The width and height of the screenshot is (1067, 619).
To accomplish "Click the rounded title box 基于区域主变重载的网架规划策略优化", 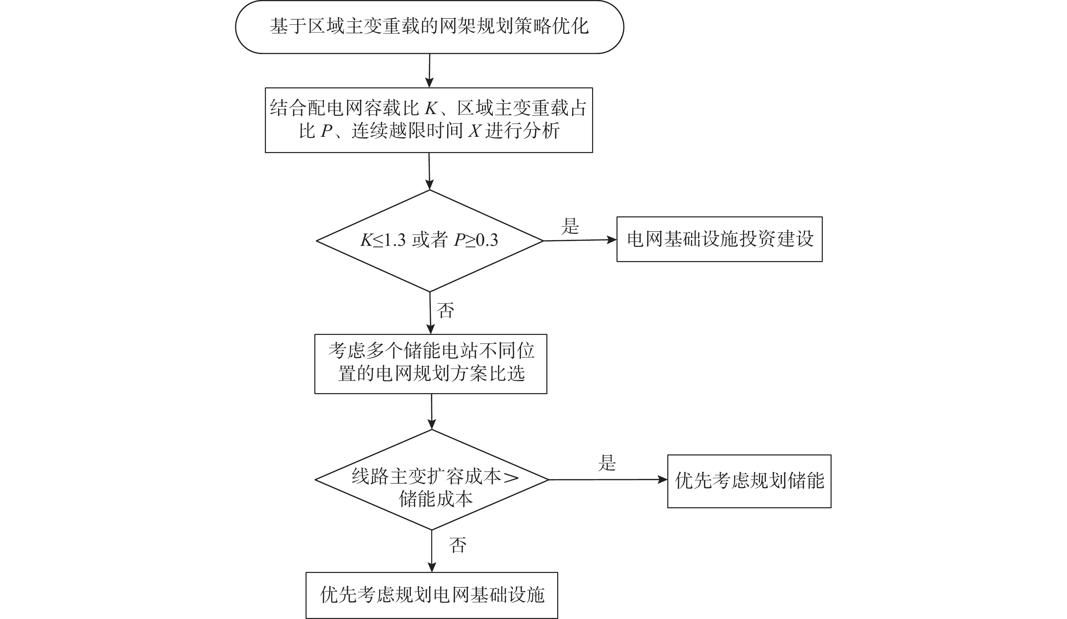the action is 430,27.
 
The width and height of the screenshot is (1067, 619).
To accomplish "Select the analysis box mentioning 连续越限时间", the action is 428,120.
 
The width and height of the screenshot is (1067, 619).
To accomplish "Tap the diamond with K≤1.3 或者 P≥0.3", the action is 430,240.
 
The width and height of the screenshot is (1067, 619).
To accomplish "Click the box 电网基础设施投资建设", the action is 719,239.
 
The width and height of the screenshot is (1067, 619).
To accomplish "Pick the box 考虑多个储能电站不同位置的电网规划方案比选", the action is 431,364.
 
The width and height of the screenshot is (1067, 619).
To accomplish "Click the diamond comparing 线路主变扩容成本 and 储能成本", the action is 432,480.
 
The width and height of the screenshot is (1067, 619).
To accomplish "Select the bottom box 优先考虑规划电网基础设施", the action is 432,595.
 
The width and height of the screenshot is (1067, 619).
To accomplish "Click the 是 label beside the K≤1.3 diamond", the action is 570,227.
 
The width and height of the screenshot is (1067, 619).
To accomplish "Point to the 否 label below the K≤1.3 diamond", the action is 445,311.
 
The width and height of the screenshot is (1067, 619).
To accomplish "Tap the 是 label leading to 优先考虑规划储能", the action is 607,463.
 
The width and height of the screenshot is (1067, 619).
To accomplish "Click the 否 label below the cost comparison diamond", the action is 458,545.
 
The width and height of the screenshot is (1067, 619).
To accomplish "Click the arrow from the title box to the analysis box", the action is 430,71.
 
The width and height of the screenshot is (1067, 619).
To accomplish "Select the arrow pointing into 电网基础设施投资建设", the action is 580,240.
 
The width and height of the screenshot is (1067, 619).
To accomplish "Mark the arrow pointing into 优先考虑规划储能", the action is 608,480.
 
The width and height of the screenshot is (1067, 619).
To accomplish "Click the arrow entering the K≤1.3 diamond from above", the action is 430,171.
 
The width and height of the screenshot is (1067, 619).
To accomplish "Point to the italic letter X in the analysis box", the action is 474,131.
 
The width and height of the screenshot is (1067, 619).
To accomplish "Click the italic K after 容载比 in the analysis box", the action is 430,109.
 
